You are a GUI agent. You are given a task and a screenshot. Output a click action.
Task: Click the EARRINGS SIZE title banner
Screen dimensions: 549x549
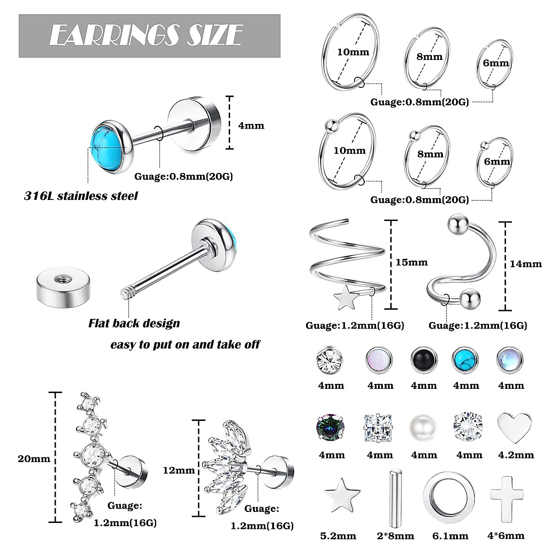coord(149,36)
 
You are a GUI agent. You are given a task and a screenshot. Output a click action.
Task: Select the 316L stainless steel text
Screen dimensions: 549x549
coord(81,196)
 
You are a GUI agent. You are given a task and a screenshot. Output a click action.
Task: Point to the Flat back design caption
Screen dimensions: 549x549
coord(134,323)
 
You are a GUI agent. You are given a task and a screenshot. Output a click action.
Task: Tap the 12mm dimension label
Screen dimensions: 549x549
coord(178,470)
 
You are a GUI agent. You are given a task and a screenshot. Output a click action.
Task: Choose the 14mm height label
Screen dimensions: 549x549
coord(526,264)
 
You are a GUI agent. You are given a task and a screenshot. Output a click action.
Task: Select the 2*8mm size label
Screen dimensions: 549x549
coord(393,536)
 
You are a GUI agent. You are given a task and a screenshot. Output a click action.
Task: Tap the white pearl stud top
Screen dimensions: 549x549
coord(424,425)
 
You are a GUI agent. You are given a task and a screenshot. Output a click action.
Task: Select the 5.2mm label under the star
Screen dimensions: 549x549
coord(338,536)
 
